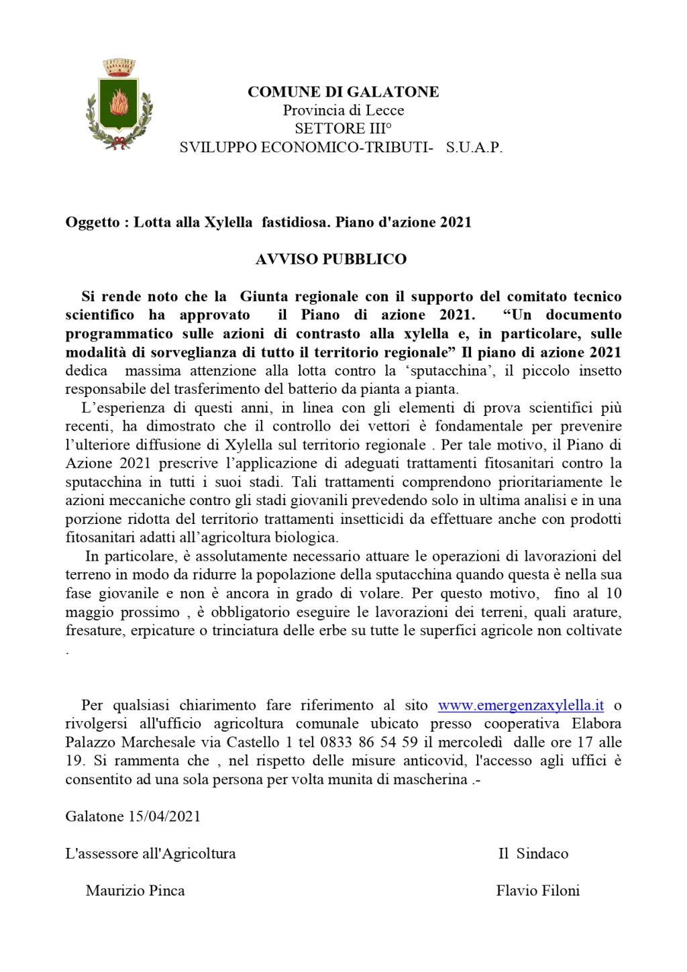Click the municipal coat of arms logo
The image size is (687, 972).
click(x=119, y=105)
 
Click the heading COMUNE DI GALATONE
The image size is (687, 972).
click(x=343, y=92)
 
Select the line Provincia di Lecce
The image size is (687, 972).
click(x=343, y=110)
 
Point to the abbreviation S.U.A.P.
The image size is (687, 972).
click(x=474, y=148)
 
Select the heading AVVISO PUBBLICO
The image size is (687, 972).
click(x=331, y=259)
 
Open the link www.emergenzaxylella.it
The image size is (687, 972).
click(x=521, y=705)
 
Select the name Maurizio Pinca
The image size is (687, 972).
click(x=135, y=891)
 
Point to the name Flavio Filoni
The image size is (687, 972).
click(x=537, y=891)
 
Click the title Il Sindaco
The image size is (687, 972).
click(x=533, y=853)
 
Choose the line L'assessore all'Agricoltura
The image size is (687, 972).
click(x=150, y=853)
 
